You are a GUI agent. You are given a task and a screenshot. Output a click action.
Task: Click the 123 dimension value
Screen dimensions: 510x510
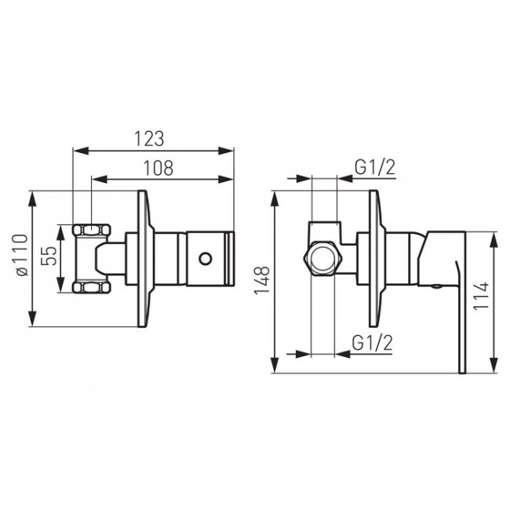point(149,139)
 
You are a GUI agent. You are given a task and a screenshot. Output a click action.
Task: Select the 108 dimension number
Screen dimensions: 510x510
point(158,168)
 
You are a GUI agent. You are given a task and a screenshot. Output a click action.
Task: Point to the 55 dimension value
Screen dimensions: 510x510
point(49,256)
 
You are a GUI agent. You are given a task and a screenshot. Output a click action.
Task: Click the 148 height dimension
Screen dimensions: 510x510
point(262,280)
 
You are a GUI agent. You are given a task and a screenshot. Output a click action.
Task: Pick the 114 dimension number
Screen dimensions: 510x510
point(481,296)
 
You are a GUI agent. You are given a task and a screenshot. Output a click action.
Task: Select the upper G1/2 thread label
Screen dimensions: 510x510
point(375,168)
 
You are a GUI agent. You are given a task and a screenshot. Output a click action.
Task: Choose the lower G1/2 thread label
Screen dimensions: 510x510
point(372,343)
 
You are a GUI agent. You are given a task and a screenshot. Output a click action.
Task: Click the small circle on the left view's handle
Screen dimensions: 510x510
point(206,259)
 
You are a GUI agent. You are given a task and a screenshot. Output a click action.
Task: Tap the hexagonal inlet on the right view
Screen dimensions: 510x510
point(323,259)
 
